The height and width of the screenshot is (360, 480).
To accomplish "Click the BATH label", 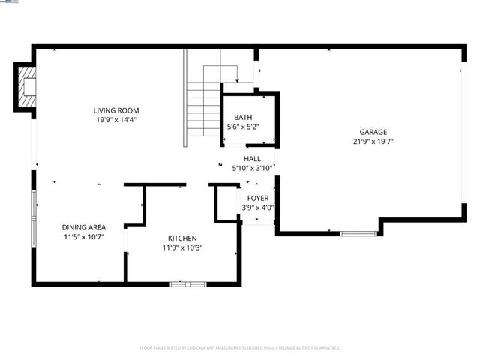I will [x=243, y=117].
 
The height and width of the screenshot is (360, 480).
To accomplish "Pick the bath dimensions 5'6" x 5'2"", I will [x=243, y=127].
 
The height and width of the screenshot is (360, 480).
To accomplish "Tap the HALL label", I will [x=252, y=159].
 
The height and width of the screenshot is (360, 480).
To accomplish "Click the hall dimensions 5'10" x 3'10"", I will [x=252, y=169].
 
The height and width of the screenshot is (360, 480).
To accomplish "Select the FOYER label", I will [x=258, y=198].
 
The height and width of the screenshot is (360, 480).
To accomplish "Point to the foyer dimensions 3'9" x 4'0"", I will [x=258, y=208].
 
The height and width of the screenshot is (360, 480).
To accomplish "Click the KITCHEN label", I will [x=183, y=238].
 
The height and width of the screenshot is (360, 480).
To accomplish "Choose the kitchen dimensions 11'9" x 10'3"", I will [x=183, y=247].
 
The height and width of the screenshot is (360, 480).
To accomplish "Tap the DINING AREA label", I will [x=83, y=227].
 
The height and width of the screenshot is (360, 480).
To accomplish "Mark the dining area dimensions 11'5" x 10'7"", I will [x=83, y=237].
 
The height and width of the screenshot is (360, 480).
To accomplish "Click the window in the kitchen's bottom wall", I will [x=187, y=283].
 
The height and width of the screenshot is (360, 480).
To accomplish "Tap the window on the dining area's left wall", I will [x=33, y=207].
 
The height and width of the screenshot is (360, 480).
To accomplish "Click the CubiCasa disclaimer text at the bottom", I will [x=240, y=348].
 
